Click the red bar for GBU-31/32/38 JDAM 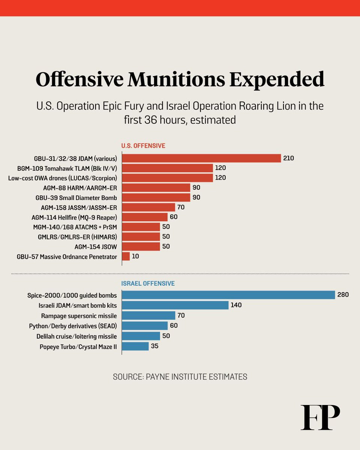(201, 158)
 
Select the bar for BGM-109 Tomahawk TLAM (168, 168)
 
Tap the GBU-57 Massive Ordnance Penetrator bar (126, 256)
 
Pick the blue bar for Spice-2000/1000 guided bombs (228, 295)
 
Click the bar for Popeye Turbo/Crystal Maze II (135, 346)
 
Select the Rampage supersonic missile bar (149, 315)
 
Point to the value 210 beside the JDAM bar (289, 158)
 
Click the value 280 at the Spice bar (343, 295)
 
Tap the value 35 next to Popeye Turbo (154, 346)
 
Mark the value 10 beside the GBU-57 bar (135, 256)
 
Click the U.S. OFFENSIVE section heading (143, 145)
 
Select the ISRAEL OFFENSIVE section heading (148, 283)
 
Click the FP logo (320, 417)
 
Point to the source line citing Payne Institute (180, 377)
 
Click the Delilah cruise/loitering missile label (76, 336)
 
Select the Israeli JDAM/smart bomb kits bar (175, 305)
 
